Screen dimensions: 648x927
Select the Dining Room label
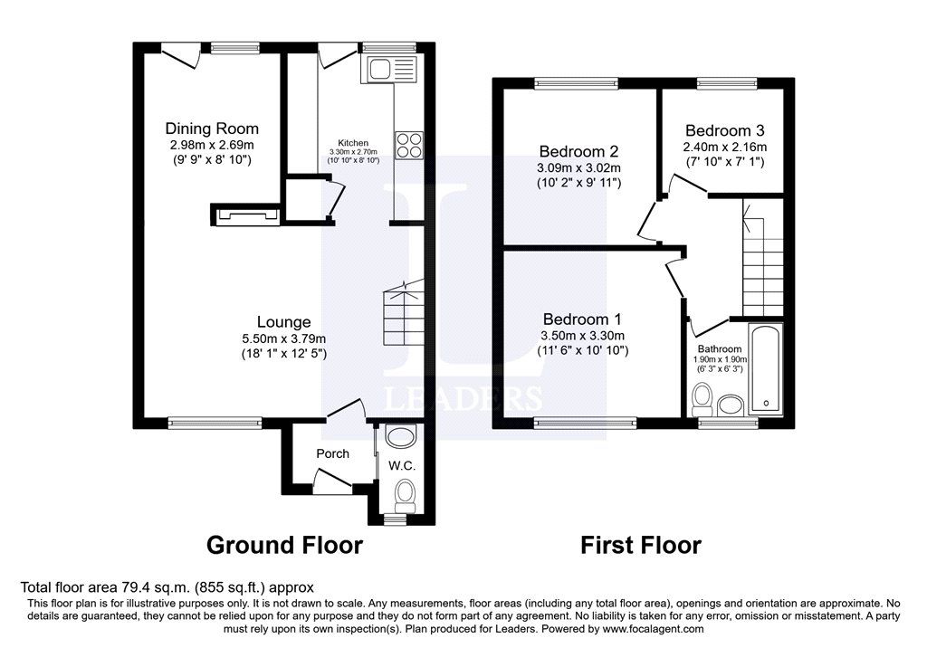tap(213, 129)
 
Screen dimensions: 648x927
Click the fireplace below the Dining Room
tap(244, 214)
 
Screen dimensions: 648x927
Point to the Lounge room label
tap(283, 321)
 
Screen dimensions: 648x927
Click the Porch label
tap(332, 453)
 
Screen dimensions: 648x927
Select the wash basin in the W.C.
tap(397, 437)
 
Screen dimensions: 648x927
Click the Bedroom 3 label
tap(725, 130)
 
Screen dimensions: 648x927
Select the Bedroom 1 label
tap(582, 319)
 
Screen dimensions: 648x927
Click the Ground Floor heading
tap(284, 545)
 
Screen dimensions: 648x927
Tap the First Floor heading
tap(641, 545)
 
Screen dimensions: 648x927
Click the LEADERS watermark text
tap(464, 398)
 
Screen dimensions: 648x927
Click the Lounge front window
tap(215, 421)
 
